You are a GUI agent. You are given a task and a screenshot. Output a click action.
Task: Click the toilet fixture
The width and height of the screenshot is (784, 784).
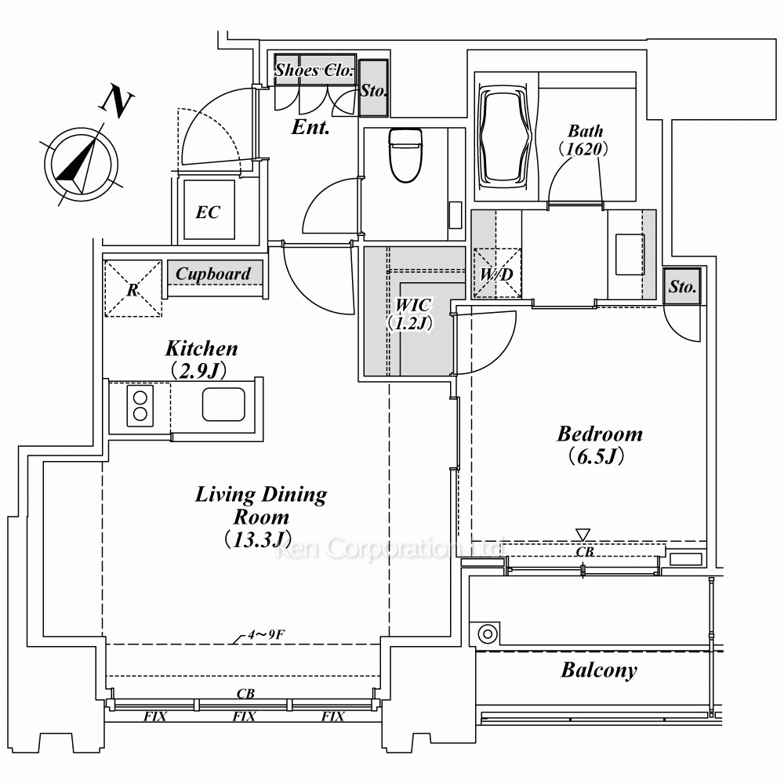coord(406,155)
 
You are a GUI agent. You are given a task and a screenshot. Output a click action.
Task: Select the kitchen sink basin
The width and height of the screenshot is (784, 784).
coord(223,405)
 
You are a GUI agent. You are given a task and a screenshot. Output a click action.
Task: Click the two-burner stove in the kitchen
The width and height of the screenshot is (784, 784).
coord(140,405)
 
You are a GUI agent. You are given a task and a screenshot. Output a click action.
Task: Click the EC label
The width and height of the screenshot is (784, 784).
coord(208,212)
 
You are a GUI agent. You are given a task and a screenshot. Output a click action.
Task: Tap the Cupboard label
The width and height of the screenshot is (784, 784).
coord(213,274)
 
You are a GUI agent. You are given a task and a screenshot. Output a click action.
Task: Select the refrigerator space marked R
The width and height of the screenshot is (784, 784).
coord(133,289)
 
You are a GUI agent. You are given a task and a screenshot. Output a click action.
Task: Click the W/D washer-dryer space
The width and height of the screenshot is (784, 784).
coord(497,274)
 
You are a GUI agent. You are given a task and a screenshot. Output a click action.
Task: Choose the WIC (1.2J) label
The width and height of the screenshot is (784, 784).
coord(410,314)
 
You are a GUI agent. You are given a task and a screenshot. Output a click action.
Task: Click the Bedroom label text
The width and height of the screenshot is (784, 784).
coord(600,434)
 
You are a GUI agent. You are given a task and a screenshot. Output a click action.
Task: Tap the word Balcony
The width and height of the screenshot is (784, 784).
coord(599,670)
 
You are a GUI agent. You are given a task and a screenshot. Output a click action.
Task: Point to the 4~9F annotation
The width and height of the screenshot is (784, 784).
coord(266,635)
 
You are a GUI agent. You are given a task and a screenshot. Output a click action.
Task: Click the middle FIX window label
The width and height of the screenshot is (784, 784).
coord(244,717)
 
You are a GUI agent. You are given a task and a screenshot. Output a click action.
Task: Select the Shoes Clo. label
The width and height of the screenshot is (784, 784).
coord(314,70)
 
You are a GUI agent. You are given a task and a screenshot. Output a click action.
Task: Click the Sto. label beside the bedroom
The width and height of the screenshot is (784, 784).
coord(683,286)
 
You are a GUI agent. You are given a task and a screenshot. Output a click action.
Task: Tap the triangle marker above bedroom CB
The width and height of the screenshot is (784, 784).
coord(583,535)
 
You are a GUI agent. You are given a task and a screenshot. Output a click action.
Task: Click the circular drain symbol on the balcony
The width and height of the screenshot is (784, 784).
coord(488,634)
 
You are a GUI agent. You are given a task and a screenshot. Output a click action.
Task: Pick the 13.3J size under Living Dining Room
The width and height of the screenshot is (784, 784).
coord(258,539)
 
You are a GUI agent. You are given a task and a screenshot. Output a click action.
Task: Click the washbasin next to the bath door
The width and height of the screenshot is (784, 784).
coord(630,255)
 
